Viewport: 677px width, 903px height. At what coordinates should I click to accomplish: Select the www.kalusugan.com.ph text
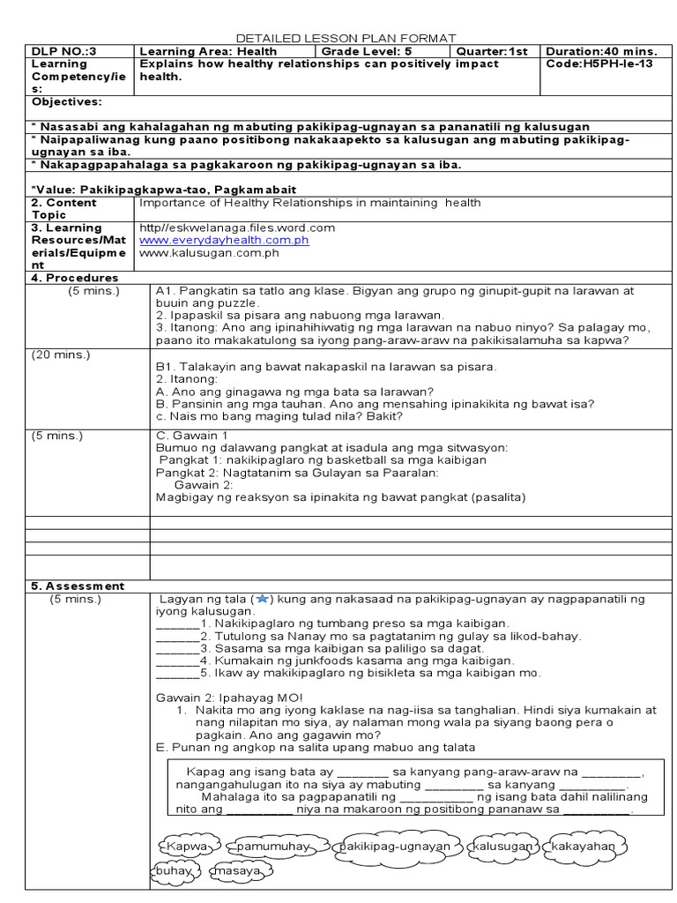209,252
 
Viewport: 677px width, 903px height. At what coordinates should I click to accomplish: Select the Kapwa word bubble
185,847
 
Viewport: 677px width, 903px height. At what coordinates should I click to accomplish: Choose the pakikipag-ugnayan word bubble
394,847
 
